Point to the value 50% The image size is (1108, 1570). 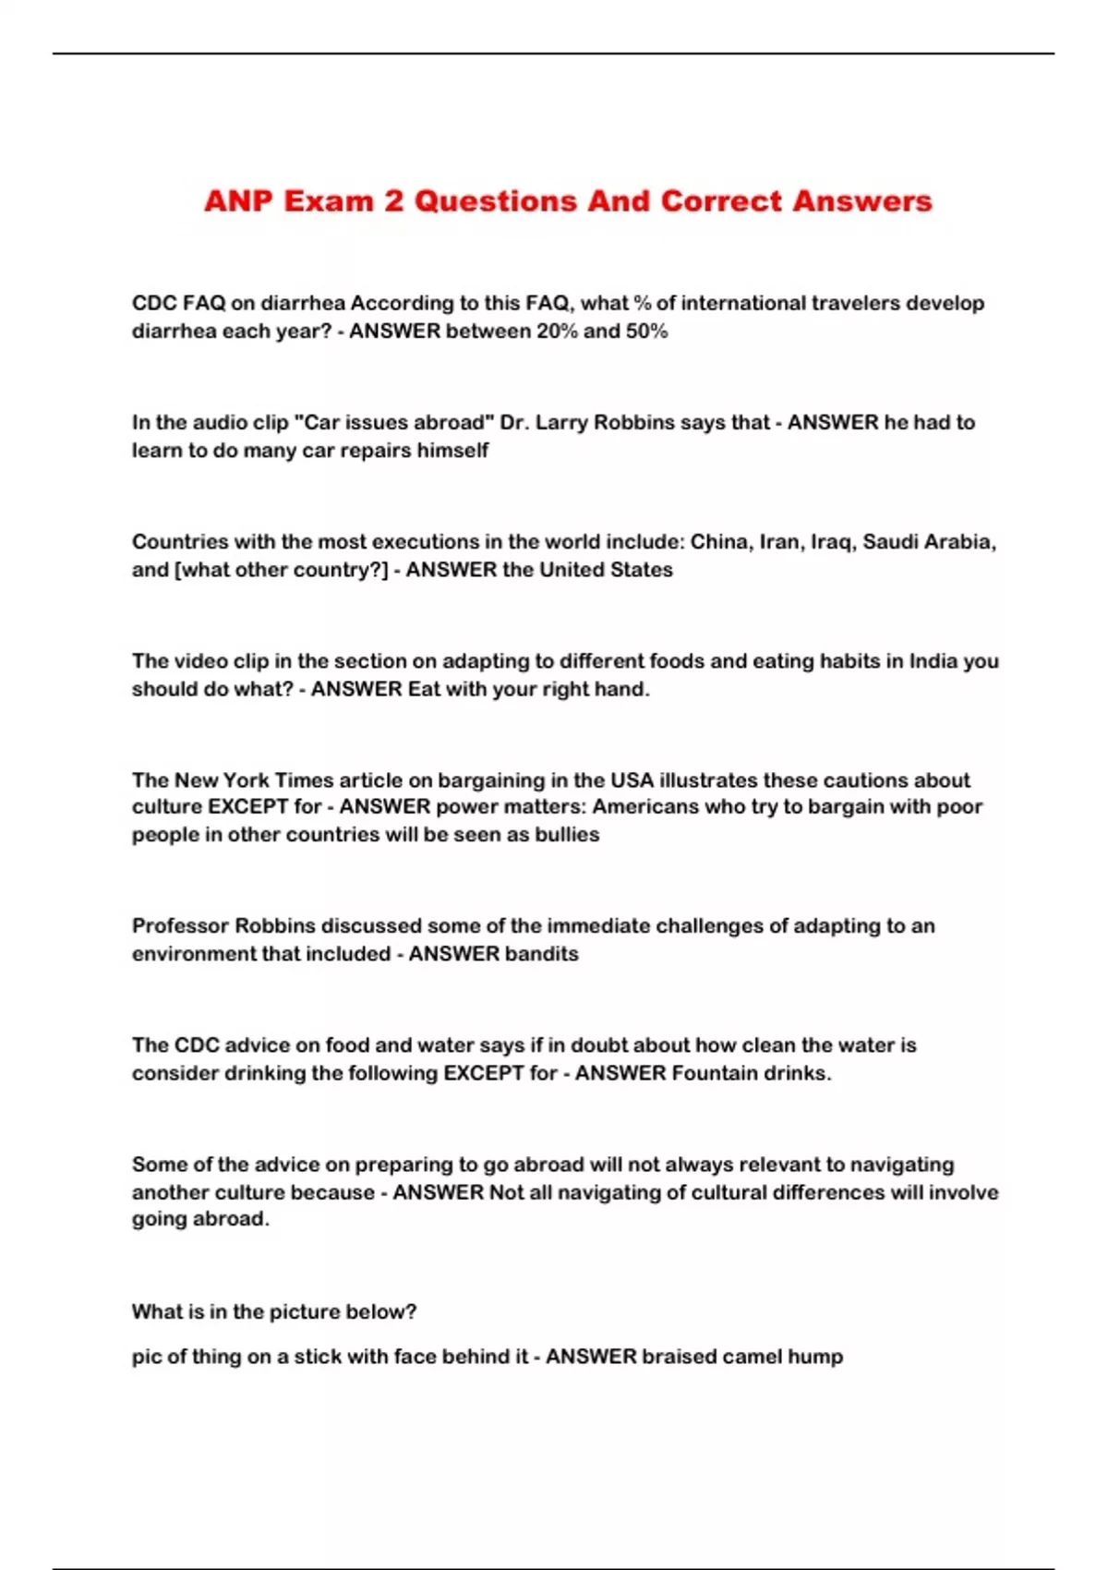pyautogui.click(x=646, y=332)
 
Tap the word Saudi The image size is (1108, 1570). pyautogui.click(x=889, y=542)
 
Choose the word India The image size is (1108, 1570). pyautogui.click(x=933, y=661)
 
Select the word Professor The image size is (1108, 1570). pyautogui.click(x=179, y=926)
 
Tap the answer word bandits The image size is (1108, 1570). pyautogui.click(x=540, y=954)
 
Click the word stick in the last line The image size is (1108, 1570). pyautogui.click(x=319, y=1357)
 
